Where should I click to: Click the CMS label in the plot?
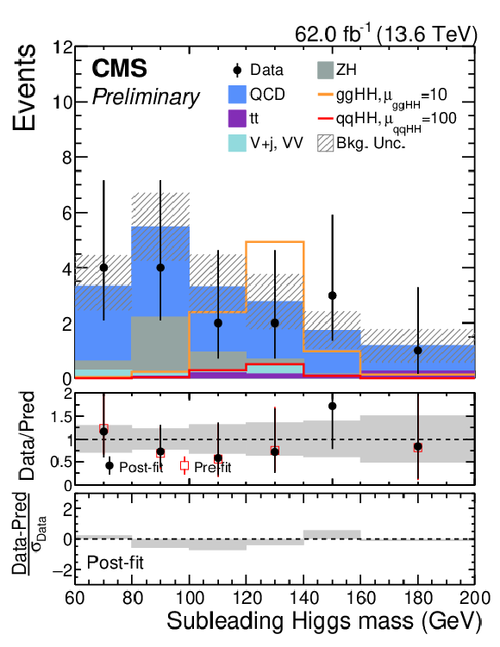(x=119, y=68)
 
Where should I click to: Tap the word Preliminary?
(x=146, y=97)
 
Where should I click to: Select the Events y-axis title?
(x=24, y=88)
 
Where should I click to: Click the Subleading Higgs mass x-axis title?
(x=324, y=621)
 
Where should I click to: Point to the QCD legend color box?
(x=237, y=95)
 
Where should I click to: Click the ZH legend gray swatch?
(x=325, y=70)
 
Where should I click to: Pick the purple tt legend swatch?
(x=237, y=119)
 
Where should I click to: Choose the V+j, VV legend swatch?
(x=237, y=143)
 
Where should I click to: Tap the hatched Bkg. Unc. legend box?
(x=325, y=143)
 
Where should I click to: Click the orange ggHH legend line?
(x=325, y=95)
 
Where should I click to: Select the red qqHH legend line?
(x=325, y=119)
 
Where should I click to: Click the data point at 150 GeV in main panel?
(x=332, y=296)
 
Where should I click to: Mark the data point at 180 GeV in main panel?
(x=418, y=351)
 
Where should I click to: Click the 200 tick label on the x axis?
(x=475, y=598)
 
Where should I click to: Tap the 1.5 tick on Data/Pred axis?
(x=61, y=417)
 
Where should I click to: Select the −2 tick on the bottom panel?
(x=61, y=569)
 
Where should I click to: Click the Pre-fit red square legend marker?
(x=184, y=466)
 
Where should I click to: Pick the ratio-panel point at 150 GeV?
(x=332, y=406)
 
